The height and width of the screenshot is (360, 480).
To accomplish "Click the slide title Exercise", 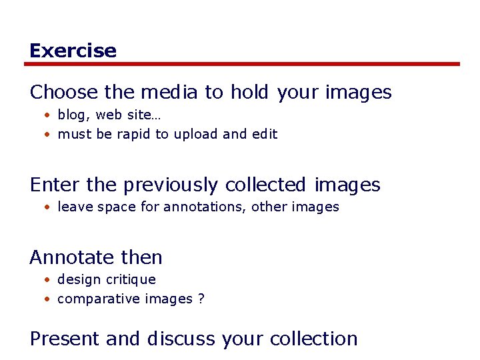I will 73,51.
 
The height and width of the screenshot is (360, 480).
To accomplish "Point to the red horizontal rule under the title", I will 242,64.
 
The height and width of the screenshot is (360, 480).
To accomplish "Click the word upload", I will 195,134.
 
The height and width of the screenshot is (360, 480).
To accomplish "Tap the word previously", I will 171,185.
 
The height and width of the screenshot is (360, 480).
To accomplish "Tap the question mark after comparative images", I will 201,299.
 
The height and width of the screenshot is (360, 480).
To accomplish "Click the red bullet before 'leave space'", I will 48,207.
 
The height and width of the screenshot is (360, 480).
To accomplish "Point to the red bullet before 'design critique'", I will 48,280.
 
